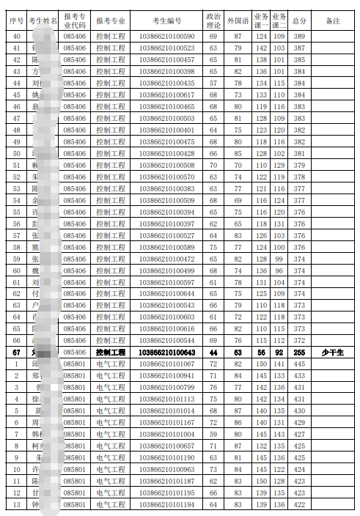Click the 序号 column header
[x=17, y=20]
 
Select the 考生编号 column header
[x=166, y=20]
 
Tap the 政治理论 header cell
[x=213, y=20]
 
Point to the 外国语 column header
[x=238, y=20]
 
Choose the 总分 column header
[x=299, y=20]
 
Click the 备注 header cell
[x=332, y=20]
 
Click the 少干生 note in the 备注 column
[x=332, y=353]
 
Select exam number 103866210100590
[x=166, y=36]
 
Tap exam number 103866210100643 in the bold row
[x=166, y=353]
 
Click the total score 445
[x=299, y=364]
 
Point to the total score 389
[x=299, y=36]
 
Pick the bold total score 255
[x=299, y=353]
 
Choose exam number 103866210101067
[x=166, y=364]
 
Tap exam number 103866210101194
[x=166, y=505]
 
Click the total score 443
[x=299, y=376]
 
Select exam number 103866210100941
[x=166, y=376]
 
